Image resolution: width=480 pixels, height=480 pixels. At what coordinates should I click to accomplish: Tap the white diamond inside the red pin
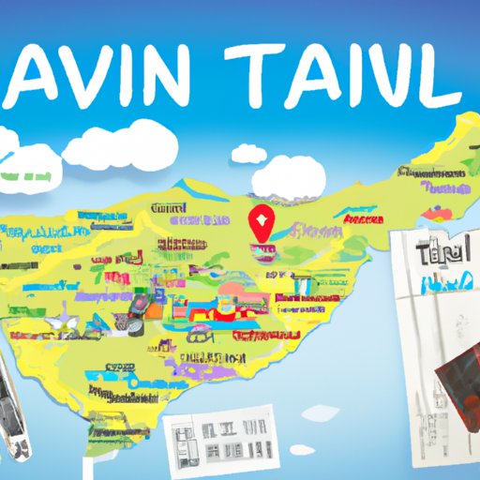point(261,222)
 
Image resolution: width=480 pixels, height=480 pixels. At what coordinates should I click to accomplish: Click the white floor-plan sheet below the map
point(217,440)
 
